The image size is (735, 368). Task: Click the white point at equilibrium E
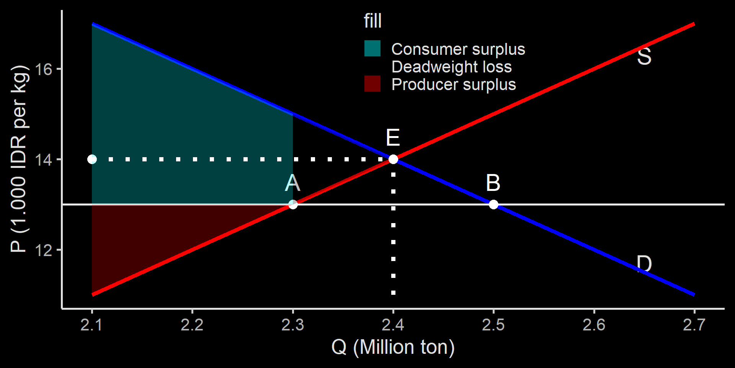pyautogui.click(x=393, y=159)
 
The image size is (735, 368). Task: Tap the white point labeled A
pyautogui.click(x=293, y=204)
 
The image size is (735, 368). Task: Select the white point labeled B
pyautogui.click(x=493, y=204)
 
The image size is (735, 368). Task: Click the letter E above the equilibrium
pyautogui.click(x=393, y=138)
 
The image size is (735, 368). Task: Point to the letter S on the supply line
pyautogui.click(x=644, y=56)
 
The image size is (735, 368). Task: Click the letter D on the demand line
pyautogui.click(x=644, y=264)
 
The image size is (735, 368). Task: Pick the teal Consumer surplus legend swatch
pyautogui.click(x=372, y=49)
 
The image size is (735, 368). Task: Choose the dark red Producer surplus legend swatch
pyautogui.click(x=372, y=84)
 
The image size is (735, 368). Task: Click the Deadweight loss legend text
pyautogui.click(x=451, y=67)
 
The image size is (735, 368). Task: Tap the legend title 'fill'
pyautogui.click(x=372, y=21)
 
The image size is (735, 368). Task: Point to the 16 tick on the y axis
pyautogui.click(x=44, y=69)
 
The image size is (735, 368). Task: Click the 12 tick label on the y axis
pyautogui.click(x=44, y=250)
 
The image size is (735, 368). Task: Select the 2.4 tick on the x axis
pyautogui.click(x=393, y=325)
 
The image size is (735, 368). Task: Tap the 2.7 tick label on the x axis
pyautogui.click(x=694, y=325)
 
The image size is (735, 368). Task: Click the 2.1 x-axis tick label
pyautogui.click(x=92, y=325)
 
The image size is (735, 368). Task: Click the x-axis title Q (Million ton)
pyautogui.click(x=393, y=347)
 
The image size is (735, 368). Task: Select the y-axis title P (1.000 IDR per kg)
pyautogui.click(x=19, y=159)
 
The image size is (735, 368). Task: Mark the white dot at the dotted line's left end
pyautogui.click(x=92, y=159)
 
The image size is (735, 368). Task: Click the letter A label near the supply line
pyautogui.click(x=293, y=183)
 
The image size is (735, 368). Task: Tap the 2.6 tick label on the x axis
pyautogui.click(x=594, y=325)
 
